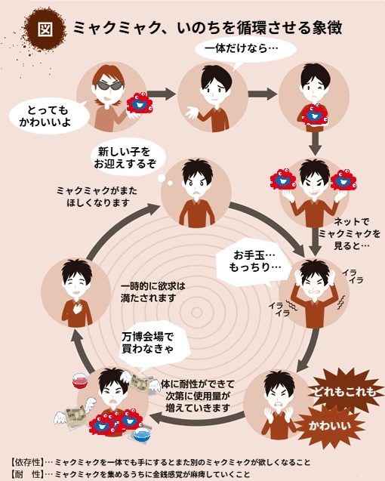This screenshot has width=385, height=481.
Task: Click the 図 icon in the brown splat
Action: (x=45, y=29)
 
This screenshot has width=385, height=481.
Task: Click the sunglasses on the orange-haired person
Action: (x=110, y=85)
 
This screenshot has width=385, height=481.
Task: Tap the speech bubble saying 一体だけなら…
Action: (x=245, y=49)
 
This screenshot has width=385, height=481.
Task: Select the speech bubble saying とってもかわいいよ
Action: (x=49, y=116)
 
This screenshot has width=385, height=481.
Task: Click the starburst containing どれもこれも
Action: (x=344, y=391)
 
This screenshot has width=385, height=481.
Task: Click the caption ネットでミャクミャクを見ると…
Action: (x=350, y=234)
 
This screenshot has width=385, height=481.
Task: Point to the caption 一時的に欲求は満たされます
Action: (x=153, y=292)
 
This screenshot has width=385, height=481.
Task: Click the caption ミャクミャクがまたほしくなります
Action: (x=97, y=196)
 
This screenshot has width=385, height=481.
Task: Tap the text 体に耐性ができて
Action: (x=198, y=384)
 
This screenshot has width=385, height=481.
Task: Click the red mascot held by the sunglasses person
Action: (x=139, y=103)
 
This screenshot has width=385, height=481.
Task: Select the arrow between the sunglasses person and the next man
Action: (x=162, y=94)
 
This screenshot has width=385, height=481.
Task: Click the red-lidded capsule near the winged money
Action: (x=80, y=381)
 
